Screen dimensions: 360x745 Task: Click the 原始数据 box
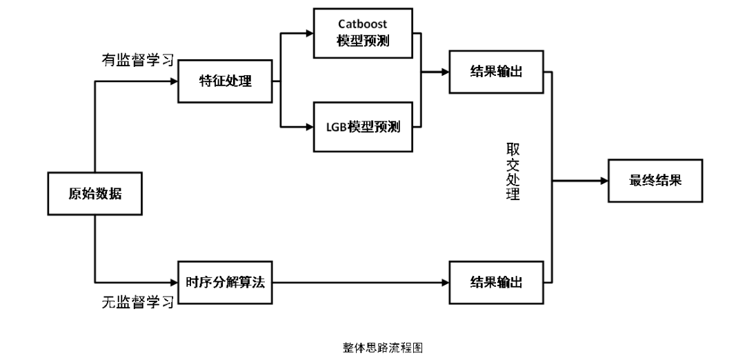95,194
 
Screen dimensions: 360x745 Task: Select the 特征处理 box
225,81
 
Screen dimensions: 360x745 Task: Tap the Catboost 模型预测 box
363,33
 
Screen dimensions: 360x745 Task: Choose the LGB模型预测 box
363,126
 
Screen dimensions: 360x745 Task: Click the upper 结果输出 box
496,71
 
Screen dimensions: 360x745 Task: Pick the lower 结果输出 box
496,282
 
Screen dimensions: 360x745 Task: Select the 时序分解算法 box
225,282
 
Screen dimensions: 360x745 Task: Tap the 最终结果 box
655,181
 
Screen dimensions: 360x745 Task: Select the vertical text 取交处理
512,172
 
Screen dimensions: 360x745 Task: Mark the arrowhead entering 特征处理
172,81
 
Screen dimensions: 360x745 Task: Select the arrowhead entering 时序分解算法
172,282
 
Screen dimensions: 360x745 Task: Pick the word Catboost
363,23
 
